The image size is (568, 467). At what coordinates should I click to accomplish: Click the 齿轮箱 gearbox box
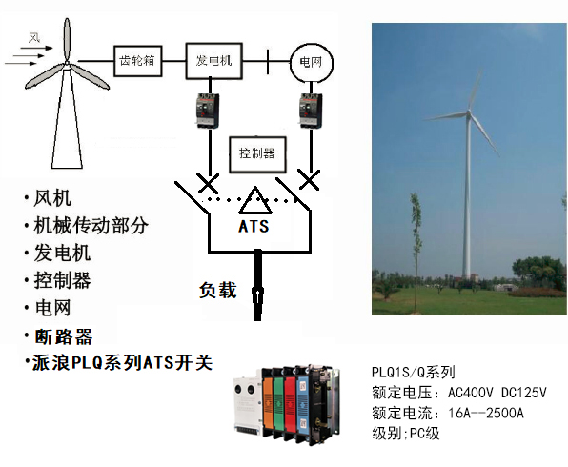click(x=137, y=61)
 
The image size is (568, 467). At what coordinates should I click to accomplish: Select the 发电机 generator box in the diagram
click(x=213, y=61)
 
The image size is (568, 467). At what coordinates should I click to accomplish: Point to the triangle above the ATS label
click(x=255, y=200)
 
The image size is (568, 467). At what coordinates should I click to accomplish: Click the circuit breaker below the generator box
click(x=208, y=111)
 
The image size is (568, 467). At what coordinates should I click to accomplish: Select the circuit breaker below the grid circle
click(x=311, y=111)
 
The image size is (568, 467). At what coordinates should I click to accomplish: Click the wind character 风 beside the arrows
click(x=34, y=37)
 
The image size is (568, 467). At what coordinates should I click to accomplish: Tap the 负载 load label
click(x=218, y=290)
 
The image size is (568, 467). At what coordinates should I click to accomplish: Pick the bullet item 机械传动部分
click(x=91, y=225)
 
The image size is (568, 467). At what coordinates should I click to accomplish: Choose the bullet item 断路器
click(x=64, y=336)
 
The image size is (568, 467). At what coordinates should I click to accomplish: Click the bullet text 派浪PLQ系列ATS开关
click(x=122, y=363)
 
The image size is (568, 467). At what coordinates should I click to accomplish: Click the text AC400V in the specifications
click(x=471, y=393)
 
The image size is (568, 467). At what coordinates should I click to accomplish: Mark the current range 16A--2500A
click(x=486, y=413)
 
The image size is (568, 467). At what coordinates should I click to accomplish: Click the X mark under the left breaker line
click(x=208, y=183)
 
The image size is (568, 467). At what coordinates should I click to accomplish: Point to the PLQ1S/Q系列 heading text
click(x=414, y=372)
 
